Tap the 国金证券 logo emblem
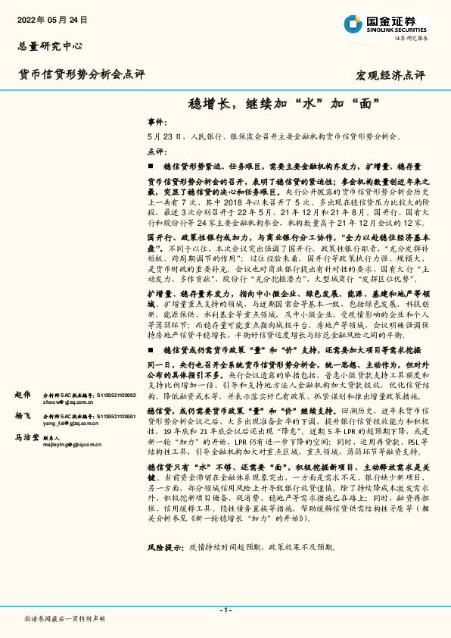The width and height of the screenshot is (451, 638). (x=352, y=23)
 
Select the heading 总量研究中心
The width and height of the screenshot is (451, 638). (x=50, y=45)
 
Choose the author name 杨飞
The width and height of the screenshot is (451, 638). (x=23, y=416)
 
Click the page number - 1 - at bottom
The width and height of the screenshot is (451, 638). (x=225, y=610)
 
